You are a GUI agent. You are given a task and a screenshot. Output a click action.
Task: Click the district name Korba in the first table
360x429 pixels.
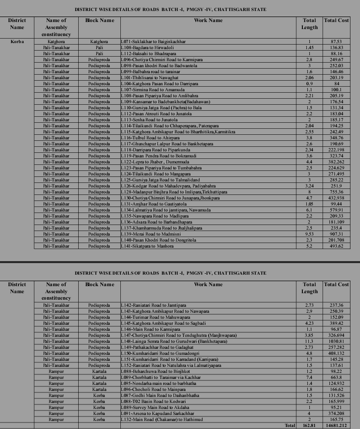coord(17,41)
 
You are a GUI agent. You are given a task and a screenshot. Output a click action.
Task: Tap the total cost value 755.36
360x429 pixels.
coord(336,192)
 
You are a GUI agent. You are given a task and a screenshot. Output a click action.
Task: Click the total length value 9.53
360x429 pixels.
coord(310,234)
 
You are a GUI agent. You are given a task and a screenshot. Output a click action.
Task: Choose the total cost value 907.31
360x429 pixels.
coord(336,234)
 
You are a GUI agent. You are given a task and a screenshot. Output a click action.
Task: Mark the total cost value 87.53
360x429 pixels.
coord(336,41)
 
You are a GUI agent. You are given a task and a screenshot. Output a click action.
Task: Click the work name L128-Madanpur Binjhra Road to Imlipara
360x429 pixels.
coord(174,192)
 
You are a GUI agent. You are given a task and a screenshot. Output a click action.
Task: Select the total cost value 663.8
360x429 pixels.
coord(336,377)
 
